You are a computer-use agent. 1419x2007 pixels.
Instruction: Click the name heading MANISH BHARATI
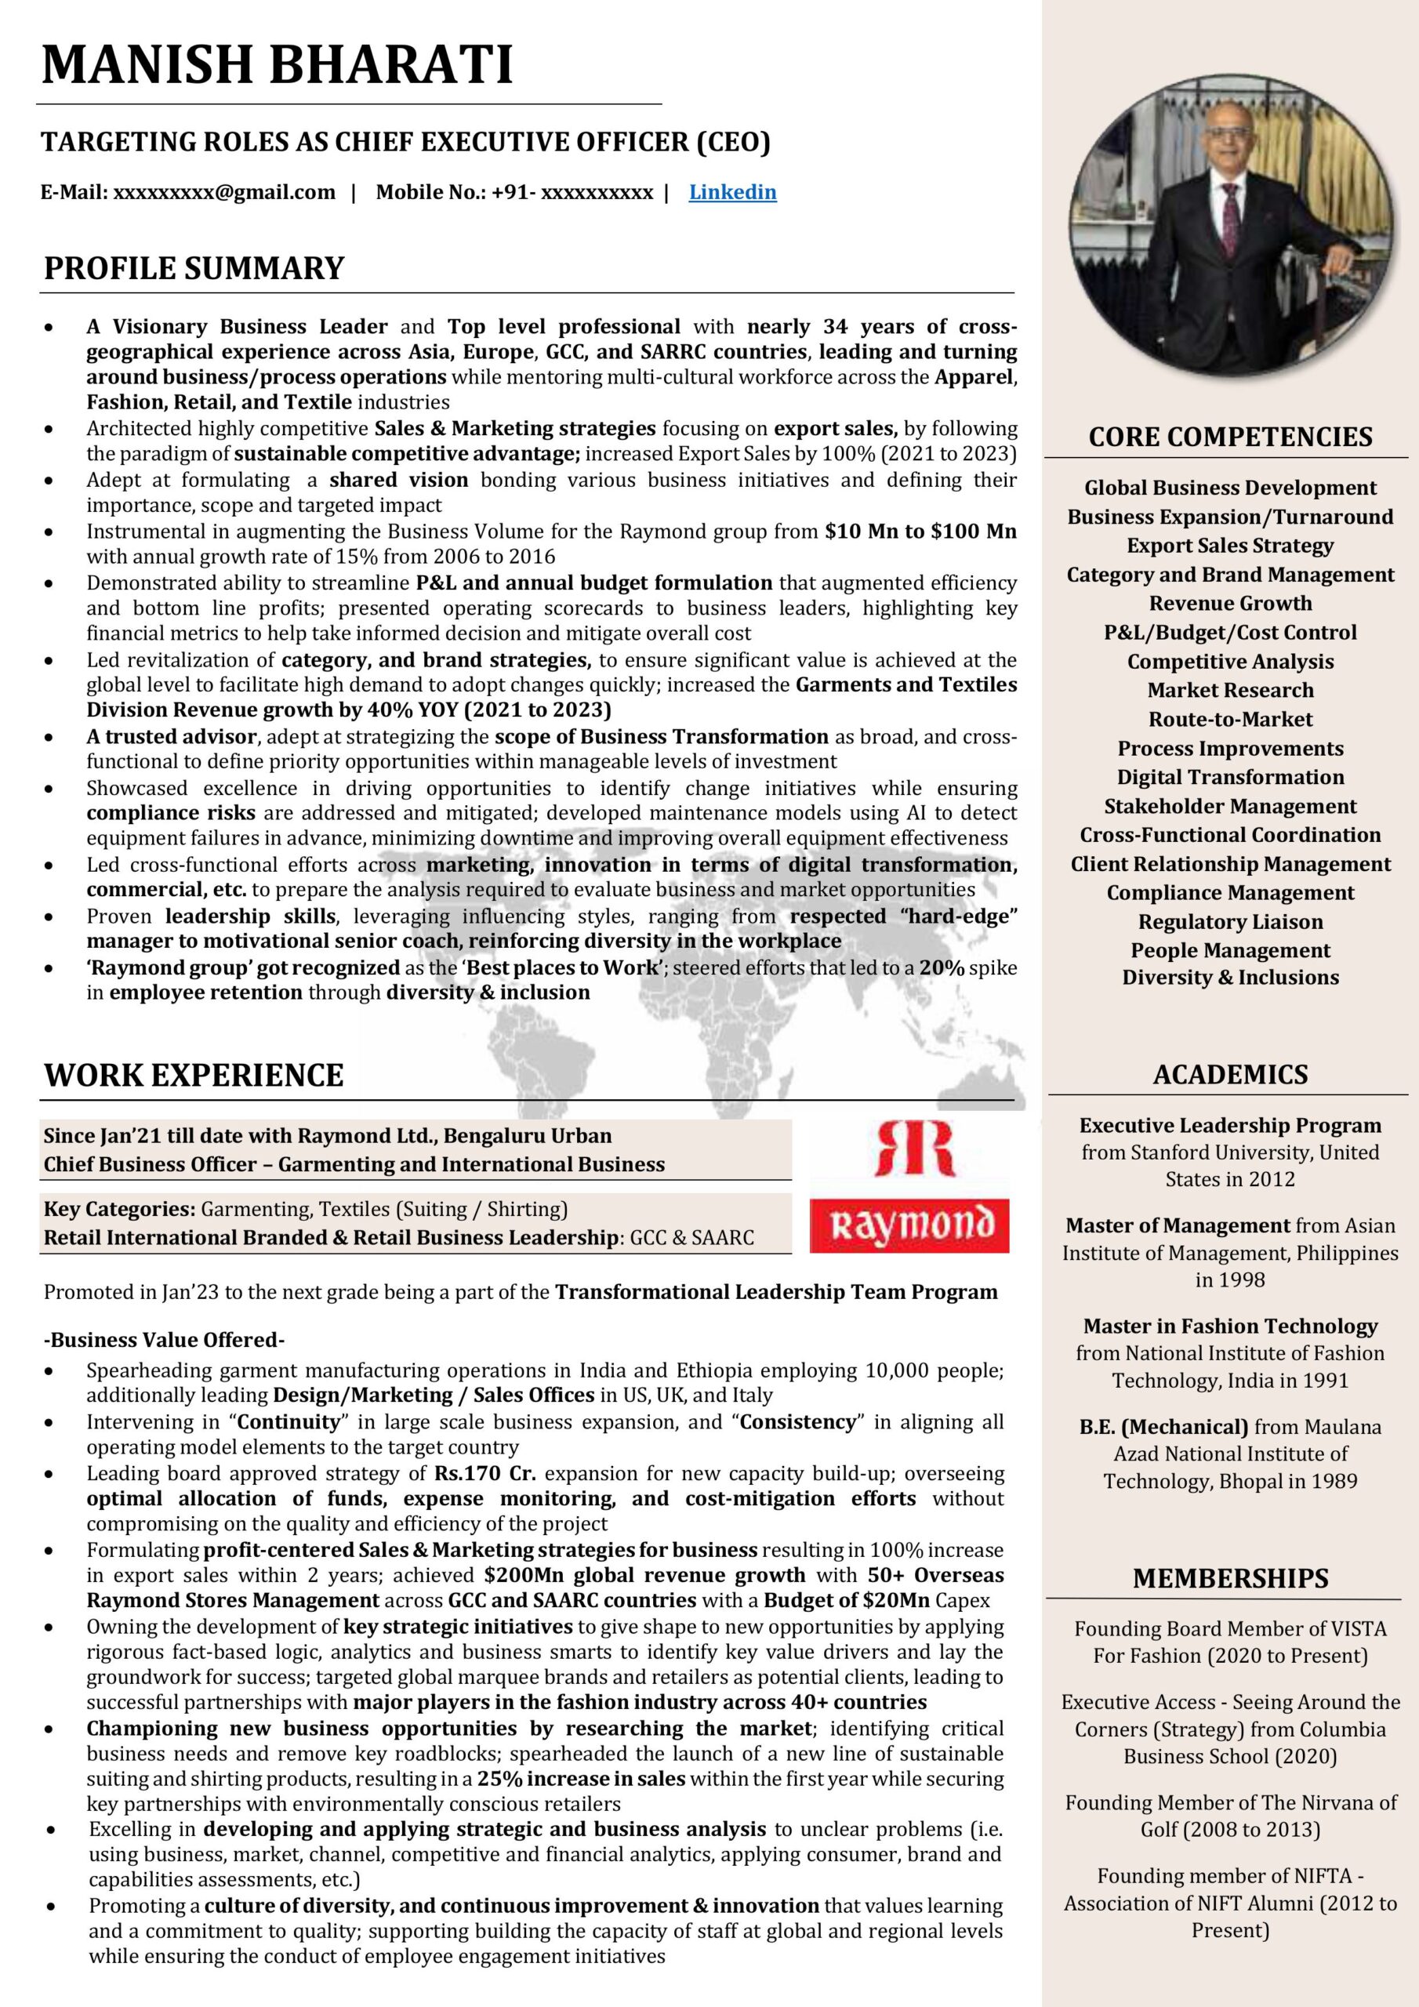pyautogui.click(x=278, y=65)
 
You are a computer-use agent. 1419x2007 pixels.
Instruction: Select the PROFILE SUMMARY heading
pyautogui.click(x=194, y=267)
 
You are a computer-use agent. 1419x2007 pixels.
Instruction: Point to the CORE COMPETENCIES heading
pyautogui.click(x=1230, y=436)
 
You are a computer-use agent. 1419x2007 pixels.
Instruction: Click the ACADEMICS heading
pyautogui.click(x=1229, y=1074)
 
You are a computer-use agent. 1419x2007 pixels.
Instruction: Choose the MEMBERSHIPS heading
pyautogui.click(x=1230, y=1578)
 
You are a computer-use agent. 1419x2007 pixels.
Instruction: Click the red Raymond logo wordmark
pyautogui.click(x=910, y=1225)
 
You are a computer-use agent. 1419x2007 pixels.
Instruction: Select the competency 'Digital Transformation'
pyautogui.click(x=1230, y=777)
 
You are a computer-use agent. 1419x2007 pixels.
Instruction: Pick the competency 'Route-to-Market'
pyautogui.click(x=1230, y=720)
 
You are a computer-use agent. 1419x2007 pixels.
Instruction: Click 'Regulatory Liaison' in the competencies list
pyautogui.click(x=1230, y=921)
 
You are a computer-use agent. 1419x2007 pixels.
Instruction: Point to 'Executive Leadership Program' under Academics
pyautogui.click(x=1230, y=1125)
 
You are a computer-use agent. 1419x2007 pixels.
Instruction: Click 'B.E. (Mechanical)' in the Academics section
pyautogui.click(x=1163, y=1428)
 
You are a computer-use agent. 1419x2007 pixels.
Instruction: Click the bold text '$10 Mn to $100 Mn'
pyautogui.click(x=920, y=532)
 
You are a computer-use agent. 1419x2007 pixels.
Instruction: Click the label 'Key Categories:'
pyautogui.click(x=120, y=1209)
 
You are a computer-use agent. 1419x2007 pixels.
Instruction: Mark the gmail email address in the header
pyautogui.click(x=223, y=192)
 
